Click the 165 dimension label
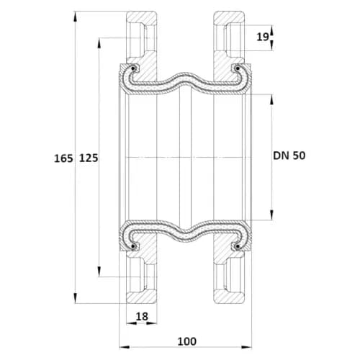[63, 158]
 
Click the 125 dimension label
[89, 158]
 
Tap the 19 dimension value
[263, 37]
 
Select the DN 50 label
[289, 156]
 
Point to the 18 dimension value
[142, 317]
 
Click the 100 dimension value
[187, 341]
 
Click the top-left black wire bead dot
[132, 69]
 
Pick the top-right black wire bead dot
[237, 69]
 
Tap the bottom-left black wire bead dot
[132, 246]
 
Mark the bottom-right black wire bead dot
[237, 246]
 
